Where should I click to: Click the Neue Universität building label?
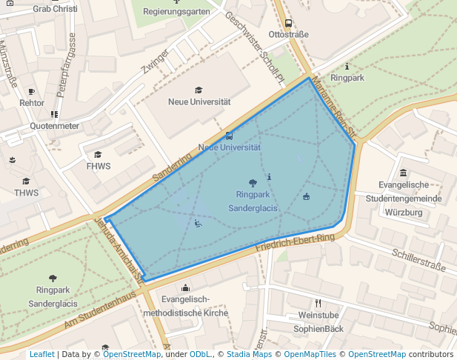click(199, 101)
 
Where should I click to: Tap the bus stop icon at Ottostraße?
click(288, 23)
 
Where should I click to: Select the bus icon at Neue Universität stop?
click(229, 136)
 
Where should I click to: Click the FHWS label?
click(98, 166)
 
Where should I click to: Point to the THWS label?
click(25, 193)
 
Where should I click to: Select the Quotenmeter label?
click(54, 126)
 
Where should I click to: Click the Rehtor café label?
click(31, 103)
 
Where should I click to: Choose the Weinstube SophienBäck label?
click(318, 321)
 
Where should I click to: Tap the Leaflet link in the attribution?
click(41, 354)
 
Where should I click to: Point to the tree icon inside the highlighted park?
click(253, 181)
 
